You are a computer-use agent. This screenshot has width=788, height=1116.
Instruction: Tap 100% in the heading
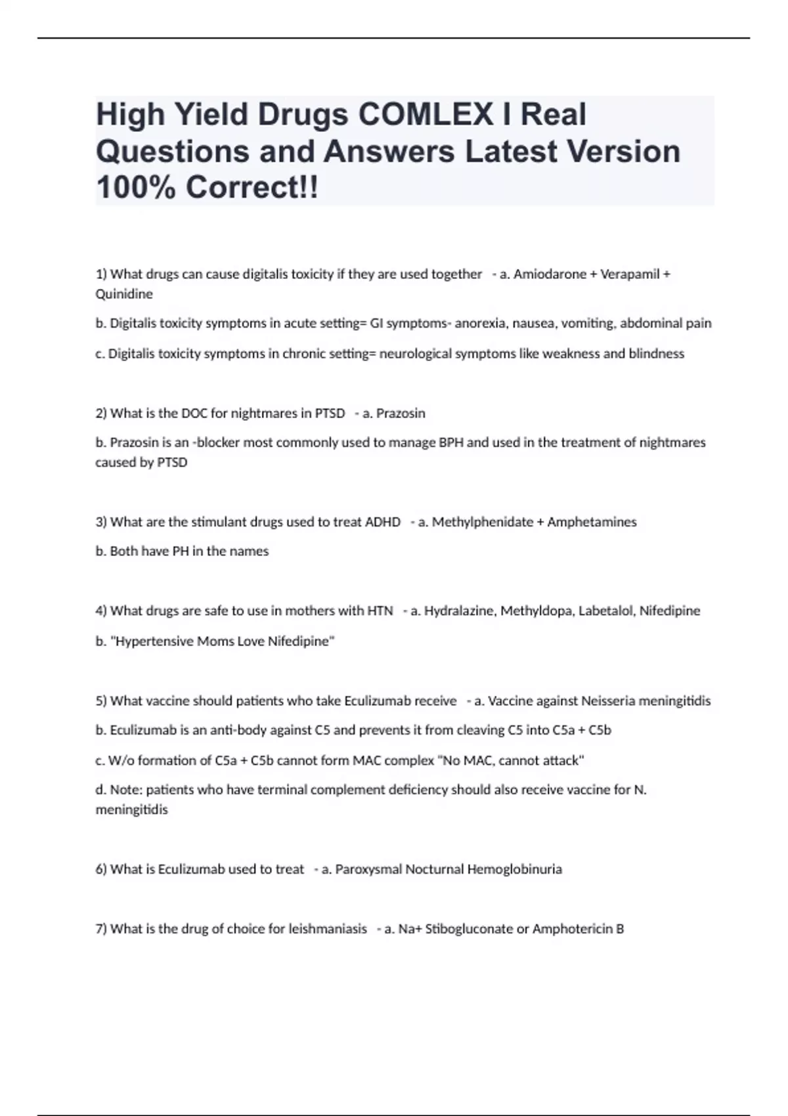136,188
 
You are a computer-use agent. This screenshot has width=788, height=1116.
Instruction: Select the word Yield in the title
210,114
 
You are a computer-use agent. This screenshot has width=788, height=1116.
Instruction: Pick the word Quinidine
124,294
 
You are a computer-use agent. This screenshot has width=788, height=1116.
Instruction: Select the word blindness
656,353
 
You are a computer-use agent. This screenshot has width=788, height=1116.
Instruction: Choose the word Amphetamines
592,522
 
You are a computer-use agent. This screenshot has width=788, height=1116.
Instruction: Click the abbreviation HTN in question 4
380,611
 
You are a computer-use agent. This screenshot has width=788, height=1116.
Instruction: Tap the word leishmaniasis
328,929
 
